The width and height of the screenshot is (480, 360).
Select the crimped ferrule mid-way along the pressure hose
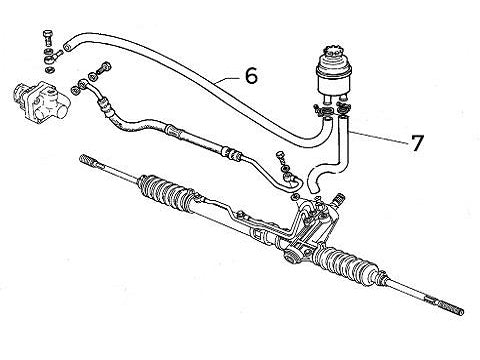(177, 132)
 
